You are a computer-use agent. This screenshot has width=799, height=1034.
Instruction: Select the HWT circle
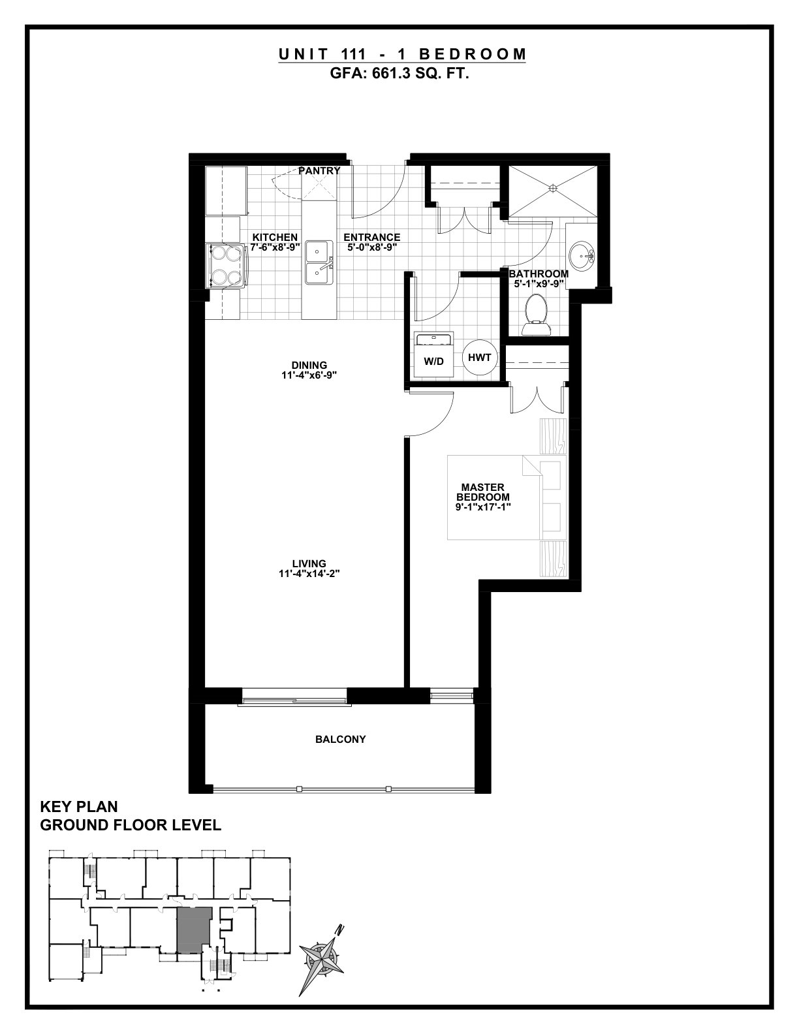click(479, 357)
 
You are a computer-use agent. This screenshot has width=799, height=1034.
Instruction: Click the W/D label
click(433, 362)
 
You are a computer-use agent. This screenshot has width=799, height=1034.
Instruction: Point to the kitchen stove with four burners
click(226, 266)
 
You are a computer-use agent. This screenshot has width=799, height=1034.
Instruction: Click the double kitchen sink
click(319, 262)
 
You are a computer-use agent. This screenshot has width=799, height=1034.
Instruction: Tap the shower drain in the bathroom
click(552, 189)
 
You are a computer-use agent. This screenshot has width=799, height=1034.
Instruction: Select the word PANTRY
click(319, 171)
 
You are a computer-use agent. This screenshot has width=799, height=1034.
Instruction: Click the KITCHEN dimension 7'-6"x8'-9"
click(275, 247)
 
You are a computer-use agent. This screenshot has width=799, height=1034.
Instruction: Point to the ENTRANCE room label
click(372, 237)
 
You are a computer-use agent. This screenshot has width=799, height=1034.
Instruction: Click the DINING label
click(309, 366)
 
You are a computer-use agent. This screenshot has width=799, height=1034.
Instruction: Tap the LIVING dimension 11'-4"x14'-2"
click(309, 574)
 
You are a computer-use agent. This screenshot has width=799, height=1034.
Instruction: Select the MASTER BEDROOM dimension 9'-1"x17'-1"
click(483, 507)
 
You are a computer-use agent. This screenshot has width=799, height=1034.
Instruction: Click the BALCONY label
click(340, 740)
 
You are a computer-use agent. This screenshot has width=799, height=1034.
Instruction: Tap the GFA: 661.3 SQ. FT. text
click(399, 74)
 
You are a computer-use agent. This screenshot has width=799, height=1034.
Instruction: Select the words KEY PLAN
click(79, 807)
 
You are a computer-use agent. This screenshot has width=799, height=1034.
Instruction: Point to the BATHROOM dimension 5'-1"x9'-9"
click(539, 283)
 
